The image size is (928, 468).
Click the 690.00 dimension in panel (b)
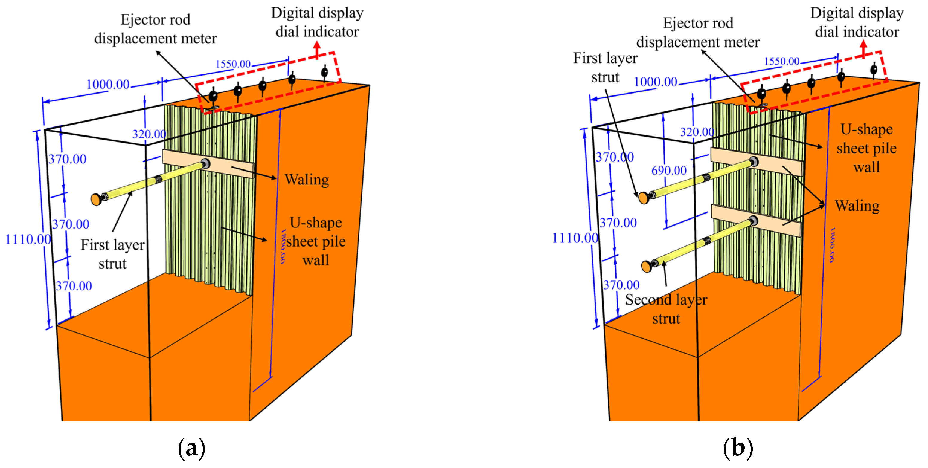669,170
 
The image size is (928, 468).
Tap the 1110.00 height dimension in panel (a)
28,239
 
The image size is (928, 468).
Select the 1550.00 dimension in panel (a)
233,64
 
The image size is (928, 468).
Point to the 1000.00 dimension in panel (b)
655,82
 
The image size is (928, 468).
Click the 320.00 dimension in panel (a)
149,134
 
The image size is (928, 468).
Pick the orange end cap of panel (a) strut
96,199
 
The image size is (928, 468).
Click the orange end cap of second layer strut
646,266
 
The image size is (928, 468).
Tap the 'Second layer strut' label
666,309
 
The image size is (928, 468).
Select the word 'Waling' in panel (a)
307,179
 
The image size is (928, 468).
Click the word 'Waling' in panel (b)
857,206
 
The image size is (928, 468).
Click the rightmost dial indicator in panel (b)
874,69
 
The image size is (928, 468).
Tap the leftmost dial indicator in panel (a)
213,96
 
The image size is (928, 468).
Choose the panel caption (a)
191,448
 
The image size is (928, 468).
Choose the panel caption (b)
738,448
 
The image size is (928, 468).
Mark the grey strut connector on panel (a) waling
206,163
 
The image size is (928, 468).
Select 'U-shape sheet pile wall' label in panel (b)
866,148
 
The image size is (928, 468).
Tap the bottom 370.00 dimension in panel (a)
74,286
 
